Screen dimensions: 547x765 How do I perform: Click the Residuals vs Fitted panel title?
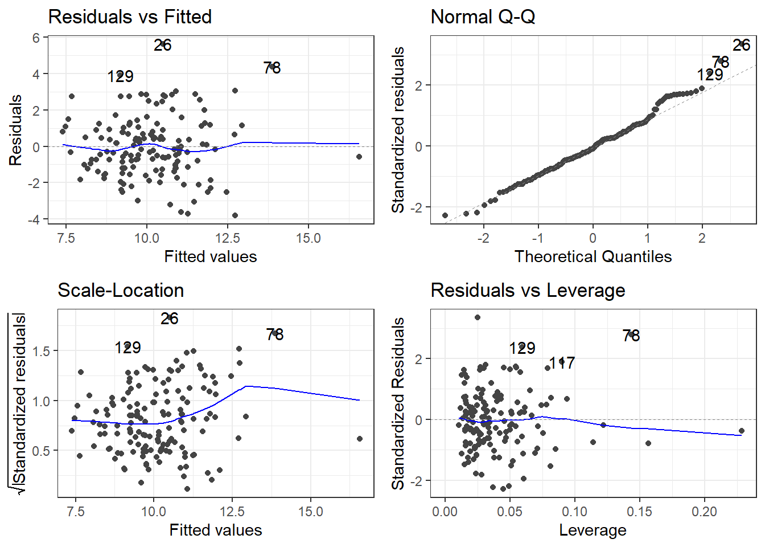pos(130,17)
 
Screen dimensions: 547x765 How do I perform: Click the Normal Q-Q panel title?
pos(483,17)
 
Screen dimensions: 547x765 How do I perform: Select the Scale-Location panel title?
pos(121,290)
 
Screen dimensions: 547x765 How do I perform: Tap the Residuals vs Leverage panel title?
pos(528,290)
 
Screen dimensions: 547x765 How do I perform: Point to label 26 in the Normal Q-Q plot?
pos(741,45)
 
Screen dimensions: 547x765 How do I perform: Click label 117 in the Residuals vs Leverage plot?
pos(562,363)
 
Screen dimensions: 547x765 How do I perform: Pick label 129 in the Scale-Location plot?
pos(127,348)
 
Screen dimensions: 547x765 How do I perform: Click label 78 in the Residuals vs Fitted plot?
pos(272,68)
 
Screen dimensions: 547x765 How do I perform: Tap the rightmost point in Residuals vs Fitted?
pos(359,157)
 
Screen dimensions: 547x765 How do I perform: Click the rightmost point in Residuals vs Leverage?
pos(741,431)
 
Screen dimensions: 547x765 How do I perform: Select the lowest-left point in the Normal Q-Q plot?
pos(445,215)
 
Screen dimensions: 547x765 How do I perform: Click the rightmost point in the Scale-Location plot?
pos(360,439)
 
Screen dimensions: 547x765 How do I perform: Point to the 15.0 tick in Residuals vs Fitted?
pos(308,238)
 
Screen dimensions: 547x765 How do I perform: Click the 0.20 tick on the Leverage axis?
pos(704,512)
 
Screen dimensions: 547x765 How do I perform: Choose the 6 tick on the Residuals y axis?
pos(36,38)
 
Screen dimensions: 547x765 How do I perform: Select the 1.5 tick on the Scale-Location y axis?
pos(42,351)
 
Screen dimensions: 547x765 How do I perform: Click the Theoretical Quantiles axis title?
pos(593,256)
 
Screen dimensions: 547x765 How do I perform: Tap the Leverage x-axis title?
pos(593,530)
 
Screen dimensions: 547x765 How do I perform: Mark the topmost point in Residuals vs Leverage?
pos(478,317)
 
